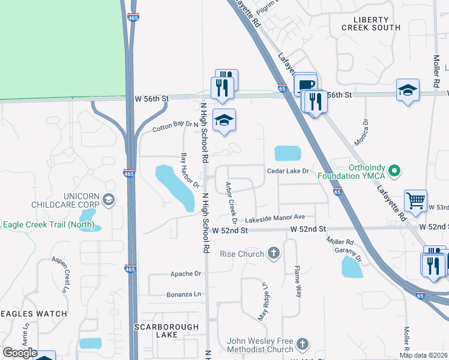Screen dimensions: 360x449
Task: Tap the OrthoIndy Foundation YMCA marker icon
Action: (394, 172)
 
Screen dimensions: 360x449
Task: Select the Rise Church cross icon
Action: (274, 253)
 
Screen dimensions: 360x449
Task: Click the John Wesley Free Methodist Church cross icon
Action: (303, 345)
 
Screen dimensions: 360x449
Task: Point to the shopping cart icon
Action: (415, 201)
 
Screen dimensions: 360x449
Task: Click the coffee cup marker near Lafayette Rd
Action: (306, 85)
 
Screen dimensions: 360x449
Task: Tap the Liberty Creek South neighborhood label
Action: (370, 23)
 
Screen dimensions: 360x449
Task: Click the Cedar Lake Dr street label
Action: (288, 171)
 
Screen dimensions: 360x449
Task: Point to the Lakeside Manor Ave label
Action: (280, 217)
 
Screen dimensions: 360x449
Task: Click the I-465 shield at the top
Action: (134, 18)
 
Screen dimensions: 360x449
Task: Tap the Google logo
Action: (20, 353)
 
